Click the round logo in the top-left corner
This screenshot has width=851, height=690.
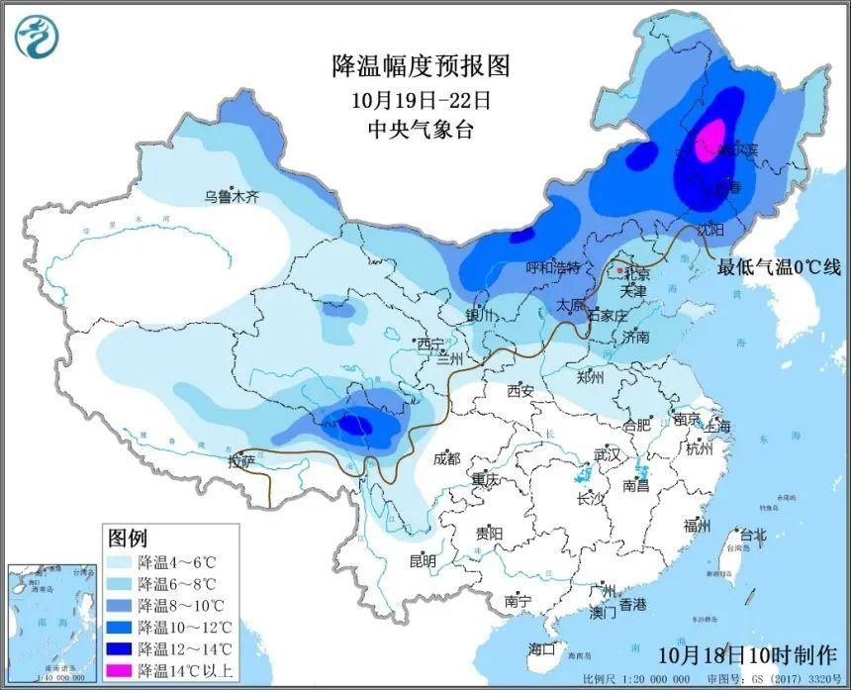pos(37,37)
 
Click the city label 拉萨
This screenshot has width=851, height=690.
pos(241,461)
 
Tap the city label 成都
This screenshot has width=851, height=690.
pos(446,458)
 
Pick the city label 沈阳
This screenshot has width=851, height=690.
pos(710,229)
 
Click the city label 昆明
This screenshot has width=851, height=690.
pos(423,561)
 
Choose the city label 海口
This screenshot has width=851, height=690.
pos(541,649)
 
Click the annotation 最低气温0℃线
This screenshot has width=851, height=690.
pos(779,266)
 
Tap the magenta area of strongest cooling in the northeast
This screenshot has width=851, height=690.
pos(709,141)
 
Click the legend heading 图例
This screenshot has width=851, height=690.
pos(128,538)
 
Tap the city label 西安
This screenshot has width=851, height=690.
pos(520,391)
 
